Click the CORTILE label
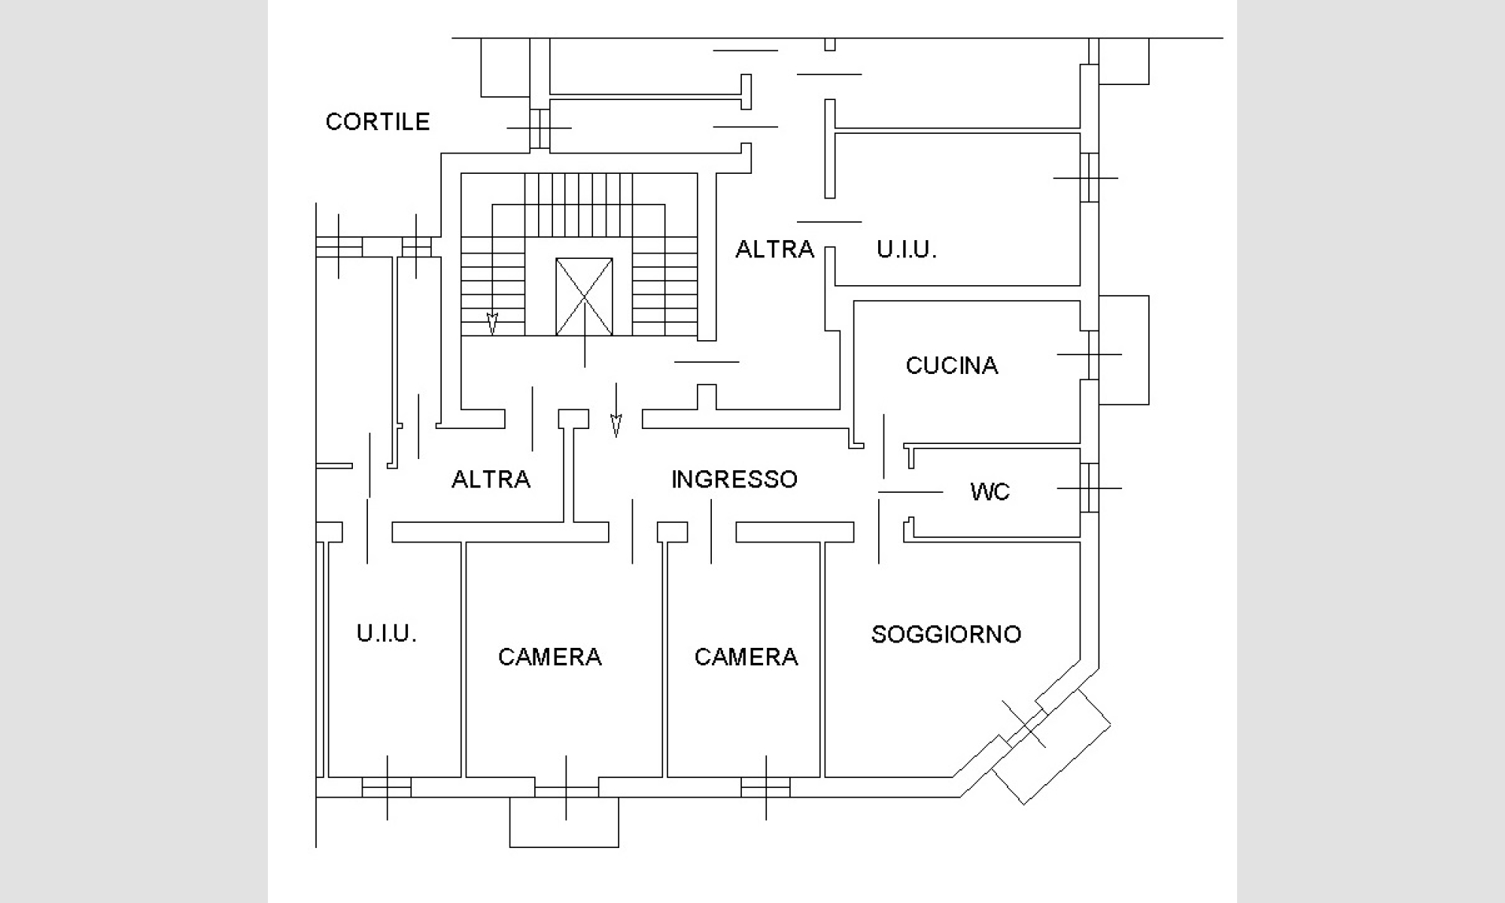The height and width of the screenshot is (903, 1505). (x=377, y=122)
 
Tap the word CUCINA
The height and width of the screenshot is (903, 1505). (x=952, y=366)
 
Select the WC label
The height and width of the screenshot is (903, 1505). (x=990, y=492)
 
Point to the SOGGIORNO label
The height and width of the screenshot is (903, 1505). (x=946, y=634)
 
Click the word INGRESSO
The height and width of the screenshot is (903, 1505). (x=734, y=479)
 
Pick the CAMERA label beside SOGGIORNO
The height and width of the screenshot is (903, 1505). (x=746, y=657)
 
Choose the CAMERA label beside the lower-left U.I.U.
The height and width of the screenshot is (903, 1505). (x=549, y=657)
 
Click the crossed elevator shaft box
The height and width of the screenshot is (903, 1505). (x=584, y=296)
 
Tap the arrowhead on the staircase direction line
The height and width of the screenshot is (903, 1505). (x=492, y=324)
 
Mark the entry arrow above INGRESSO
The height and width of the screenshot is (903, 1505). (x=616, y=425)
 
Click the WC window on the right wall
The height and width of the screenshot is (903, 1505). (x=1089, y=488)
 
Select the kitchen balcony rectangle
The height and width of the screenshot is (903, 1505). (x=1124, y=350)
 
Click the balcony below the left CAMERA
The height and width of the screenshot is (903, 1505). (x=564, y=822)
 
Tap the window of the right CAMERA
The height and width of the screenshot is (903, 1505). (x=765, y=788)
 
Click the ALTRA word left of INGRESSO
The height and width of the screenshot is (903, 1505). (x=491, y=479)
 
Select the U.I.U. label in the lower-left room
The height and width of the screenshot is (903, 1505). (x=386, y=634)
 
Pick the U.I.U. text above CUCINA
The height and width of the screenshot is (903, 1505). (x=906, y=249)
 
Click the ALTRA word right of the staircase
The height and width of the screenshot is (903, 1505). (x=774, y=249)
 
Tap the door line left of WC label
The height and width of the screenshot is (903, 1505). (x=911, y=492)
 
